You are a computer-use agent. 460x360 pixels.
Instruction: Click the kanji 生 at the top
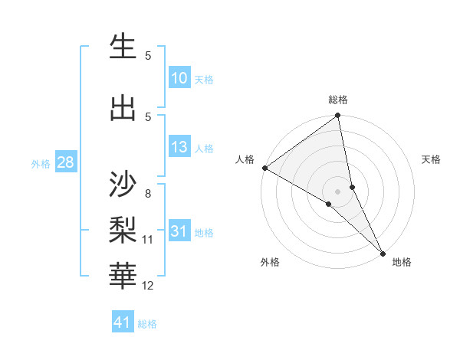[123, 47]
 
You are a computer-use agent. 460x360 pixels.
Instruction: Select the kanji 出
[123, 108]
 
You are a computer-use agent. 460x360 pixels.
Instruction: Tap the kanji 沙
[123, 185]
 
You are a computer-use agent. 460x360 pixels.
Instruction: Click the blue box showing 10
[179, 78]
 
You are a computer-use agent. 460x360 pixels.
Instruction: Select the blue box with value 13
[179, 147]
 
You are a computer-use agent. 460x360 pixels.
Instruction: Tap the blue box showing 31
[179, 231]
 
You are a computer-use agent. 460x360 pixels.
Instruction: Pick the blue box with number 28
[64, 162]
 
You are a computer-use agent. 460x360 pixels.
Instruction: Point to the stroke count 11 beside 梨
[147, 240]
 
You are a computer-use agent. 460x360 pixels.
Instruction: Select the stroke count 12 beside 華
[147, 286]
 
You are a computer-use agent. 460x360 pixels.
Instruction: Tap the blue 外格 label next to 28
[41, 163]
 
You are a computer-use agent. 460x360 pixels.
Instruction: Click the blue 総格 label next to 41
[147, 324]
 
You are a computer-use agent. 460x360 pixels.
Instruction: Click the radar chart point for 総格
[337, 116]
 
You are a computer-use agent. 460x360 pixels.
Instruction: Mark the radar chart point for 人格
[264, 168]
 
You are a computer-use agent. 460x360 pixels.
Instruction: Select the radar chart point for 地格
[383, 252]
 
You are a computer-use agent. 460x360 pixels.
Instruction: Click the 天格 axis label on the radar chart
[432, 159]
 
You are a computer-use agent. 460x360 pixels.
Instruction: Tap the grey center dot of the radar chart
[337, 191]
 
